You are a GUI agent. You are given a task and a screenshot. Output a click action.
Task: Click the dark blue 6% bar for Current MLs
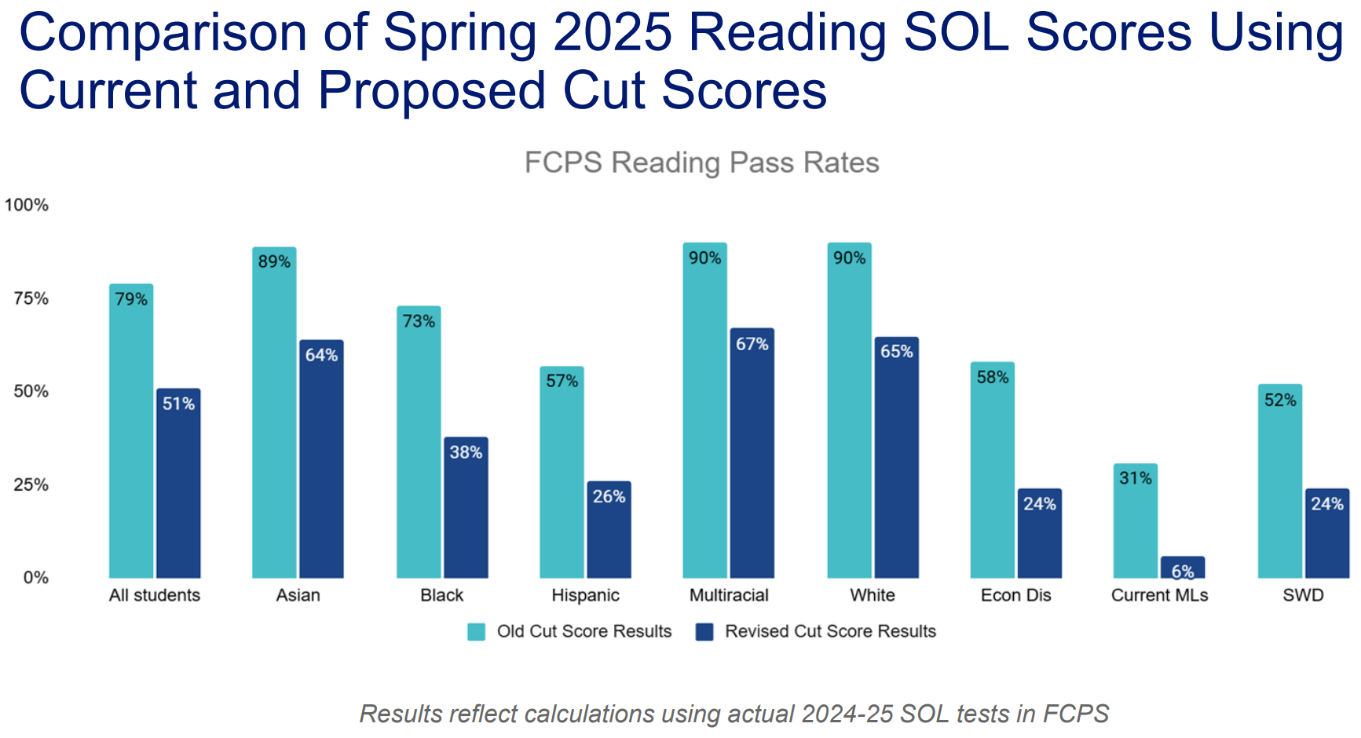tap(1183, 568)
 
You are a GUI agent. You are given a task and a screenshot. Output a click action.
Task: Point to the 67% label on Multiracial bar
tap(752, 344)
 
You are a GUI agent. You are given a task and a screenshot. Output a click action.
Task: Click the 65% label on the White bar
tap(896, 352)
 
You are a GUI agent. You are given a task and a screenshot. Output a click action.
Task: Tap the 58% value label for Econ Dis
tap(993, 378)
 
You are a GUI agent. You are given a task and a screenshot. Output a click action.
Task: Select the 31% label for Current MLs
tap(1136, 478)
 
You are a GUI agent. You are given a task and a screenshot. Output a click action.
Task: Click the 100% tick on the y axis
tap(27, 206)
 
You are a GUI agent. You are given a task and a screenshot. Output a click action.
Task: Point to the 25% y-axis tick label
tap(31, 485)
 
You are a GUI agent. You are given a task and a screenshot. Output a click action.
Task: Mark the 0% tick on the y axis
tap(35, 579)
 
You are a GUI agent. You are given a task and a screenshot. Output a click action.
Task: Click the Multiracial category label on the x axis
tap(729, 595)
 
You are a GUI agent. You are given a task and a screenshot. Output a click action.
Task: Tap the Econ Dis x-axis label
tap(1015, 595)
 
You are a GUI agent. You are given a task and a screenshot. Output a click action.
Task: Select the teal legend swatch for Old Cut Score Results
tap(476, 632)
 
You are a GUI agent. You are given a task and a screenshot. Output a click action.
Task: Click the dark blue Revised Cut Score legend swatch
tap(704, 632)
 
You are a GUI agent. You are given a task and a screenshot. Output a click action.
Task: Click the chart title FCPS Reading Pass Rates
tap(701, 163)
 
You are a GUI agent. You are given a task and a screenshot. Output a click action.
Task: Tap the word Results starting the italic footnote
tap(400, 714)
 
